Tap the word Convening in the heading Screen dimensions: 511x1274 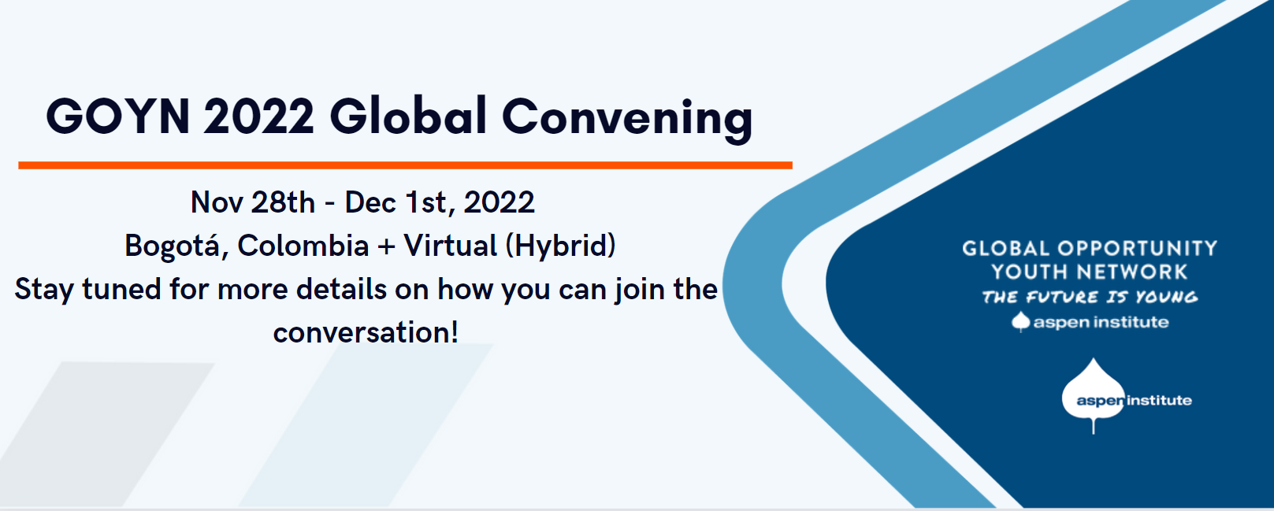(627, 118)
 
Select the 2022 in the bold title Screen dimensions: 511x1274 (259, 117)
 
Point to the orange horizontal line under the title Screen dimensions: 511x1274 (405, 165)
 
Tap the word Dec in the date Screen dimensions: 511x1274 (370, 202)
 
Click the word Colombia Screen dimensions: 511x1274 (303, 246)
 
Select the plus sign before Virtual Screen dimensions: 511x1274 (386, 246)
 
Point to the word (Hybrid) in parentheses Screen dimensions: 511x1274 (560, 246)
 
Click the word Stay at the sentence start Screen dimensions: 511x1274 (44, 290)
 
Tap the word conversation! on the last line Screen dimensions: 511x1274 (366, 332)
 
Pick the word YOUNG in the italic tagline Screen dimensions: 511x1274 (1167, 298)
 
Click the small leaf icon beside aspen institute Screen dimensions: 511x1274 (1021, 321)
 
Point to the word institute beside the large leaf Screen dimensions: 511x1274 (1160, 401)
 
